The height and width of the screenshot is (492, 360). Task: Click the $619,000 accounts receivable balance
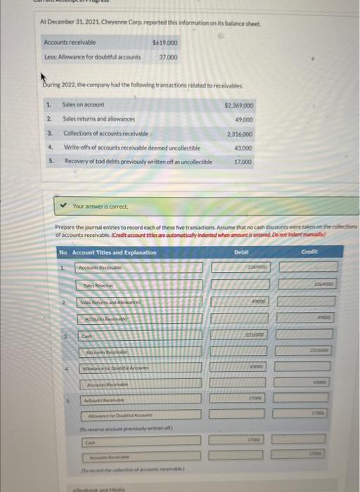(x=164, y=44)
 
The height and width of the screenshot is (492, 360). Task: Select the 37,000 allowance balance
(x=167, y=58)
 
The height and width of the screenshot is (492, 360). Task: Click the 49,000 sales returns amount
(x=243, y=119)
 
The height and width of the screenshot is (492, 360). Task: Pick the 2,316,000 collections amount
(x=240, y=134)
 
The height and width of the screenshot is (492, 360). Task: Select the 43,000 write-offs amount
(x=243, y=148)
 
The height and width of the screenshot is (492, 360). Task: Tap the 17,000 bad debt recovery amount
(x=243, y=162)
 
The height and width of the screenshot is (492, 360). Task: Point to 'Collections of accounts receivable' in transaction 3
(x=105, y=134)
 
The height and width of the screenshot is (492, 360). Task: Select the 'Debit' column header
(x=242, y=252)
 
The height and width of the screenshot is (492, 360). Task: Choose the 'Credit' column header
(x=310, y=252)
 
